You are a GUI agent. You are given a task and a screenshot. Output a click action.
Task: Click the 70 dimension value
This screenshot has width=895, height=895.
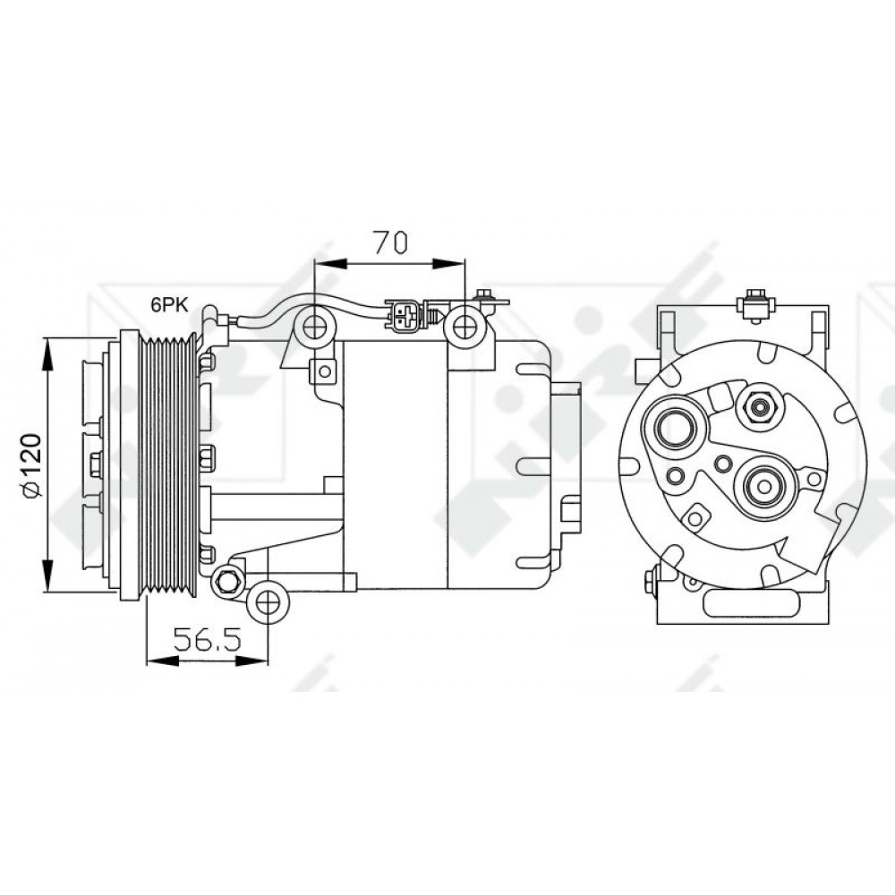pyautogui.click(x=390, y=242)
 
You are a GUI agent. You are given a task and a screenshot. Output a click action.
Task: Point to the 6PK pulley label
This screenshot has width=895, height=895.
pyautogui.click(x=168, y=304)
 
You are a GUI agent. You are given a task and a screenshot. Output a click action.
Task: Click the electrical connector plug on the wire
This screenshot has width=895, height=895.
pyautogui.click(x=405, y=315)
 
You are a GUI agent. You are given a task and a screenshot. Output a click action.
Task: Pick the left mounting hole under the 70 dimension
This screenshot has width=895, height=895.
pyautogui.click(x=315, y=328)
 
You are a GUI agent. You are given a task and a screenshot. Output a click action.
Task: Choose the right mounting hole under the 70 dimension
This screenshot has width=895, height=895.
pyautogui.click(x=465, y=328)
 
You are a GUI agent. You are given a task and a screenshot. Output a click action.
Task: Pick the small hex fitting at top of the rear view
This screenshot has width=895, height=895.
pyautogui.click(x=759, y=407)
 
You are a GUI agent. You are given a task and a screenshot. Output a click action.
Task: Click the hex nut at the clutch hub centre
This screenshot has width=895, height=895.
pyautogui.click(x=96, y=463)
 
